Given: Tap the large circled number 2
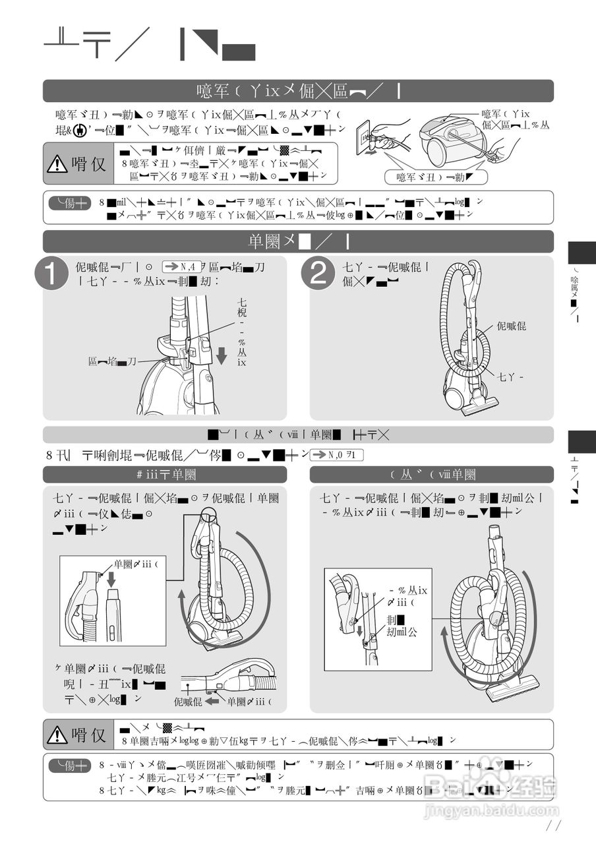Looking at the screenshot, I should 318,274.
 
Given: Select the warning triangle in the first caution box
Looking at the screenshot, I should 57,163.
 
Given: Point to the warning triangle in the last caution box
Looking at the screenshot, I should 57,734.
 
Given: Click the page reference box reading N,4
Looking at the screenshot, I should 181,266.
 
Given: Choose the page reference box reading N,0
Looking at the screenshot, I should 336,454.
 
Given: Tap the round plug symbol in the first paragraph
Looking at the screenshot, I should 80,131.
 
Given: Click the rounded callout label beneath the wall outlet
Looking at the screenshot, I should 436,177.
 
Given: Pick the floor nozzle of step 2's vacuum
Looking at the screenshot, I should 481,407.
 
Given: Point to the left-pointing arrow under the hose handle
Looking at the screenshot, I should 212,702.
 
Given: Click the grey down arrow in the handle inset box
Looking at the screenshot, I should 111,579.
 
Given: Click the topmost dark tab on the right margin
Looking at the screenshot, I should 581,252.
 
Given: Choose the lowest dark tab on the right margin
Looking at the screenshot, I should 581,442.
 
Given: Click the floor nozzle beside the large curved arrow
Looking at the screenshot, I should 512,689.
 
